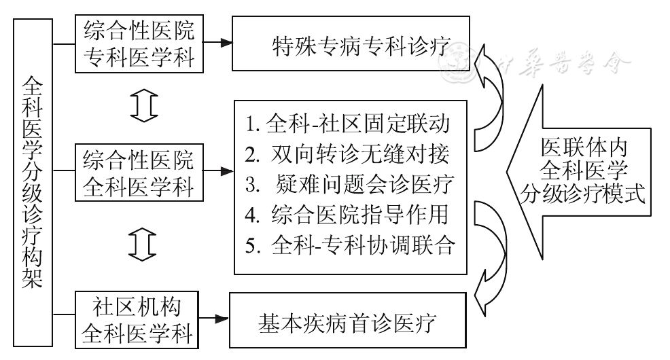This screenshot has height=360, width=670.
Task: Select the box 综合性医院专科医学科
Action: [x=138, y=44]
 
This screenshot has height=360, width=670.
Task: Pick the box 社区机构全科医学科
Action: [x=138, y=318]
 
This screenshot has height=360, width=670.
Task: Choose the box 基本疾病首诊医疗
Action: [x=349, y=321]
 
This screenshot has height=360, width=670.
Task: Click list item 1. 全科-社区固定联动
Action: [x=348, y=127]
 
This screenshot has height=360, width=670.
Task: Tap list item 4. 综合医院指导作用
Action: [x=348, y=215]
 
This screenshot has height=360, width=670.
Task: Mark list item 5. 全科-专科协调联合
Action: [x=348, y=245]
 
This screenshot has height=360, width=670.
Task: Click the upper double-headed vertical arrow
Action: [x=143, y=107]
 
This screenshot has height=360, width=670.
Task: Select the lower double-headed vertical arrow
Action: [x=143, y=241]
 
